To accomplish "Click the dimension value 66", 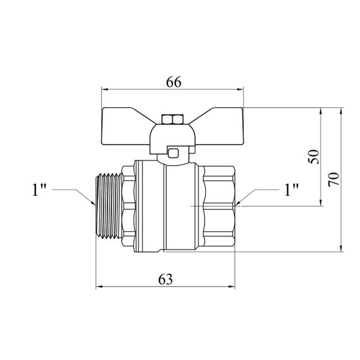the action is [x=174, y=82].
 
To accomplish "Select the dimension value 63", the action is [x=165, y=279].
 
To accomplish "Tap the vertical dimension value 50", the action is [x=314, y=157].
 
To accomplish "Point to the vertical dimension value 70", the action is [x=334, y=179].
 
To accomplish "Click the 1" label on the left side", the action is [x=39, y=190].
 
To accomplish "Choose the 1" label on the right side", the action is [x=291, y=190].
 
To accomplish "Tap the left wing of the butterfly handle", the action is [x=126, y=126].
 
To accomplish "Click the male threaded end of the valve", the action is [x=109, y=206].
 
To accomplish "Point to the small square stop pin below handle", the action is [x=173, y=153].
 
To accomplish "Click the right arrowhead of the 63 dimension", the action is [x=232, y=287].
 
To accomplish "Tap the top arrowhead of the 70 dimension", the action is [x=341, y=111].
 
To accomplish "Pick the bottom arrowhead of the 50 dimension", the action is [x=321, y=203].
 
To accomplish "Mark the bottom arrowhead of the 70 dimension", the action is [x=341, y=248].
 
